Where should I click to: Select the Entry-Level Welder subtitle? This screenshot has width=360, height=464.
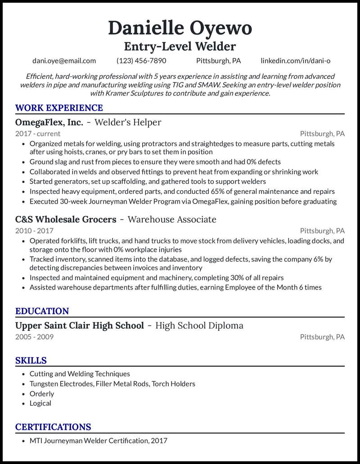click(x=180, y=46)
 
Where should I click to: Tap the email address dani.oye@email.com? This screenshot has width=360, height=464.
click(x=64, y=61)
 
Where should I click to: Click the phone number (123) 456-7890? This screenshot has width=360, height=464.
click(x=141, y=61)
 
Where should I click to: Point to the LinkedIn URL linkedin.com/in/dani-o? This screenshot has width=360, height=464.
click(x=295, y=61)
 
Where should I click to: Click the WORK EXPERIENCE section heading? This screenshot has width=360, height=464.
click(x=59, y=108)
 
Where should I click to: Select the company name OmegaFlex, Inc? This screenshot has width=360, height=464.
click(x=49, y=122)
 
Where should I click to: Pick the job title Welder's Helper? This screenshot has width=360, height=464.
click(x=128, y=122)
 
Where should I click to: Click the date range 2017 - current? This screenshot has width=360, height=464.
click(x=38, y=134)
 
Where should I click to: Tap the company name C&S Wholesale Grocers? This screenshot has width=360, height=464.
click(x=66, y=219)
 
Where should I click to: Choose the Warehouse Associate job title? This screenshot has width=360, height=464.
click(x=172, y=219)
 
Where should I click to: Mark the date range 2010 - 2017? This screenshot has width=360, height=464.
click(x=34, y=231)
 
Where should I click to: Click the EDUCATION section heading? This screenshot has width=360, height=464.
click(x=42, y=311)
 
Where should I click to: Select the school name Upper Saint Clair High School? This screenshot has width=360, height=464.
click(x=80, y=326)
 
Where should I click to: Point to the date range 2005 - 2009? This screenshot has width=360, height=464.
click(x=34, y=337)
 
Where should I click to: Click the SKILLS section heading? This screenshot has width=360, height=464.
click(x=31, y=361)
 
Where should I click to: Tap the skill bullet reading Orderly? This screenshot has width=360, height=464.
click(x=42, y=393)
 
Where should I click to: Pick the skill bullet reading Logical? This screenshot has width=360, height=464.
click(x=40, y=403)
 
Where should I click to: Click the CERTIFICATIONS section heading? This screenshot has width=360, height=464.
click(x=53, y=427)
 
